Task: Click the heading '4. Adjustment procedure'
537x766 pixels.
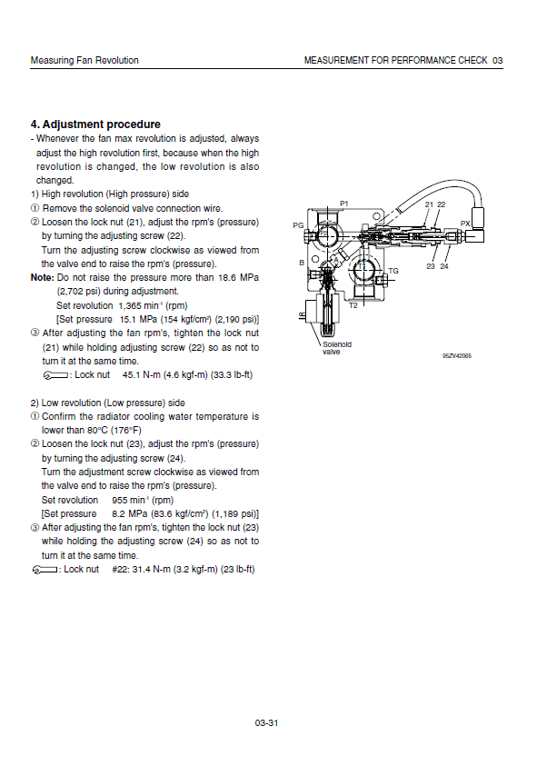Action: coord(95,124)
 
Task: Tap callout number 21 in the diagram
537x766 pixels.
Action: coord(429,204)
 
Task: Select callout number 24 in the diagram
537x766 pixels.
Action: coord(443,266)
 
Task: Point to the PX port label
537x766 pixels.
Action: coord(464,224)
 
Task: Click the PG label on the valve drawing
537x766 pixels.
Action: coord(298,225)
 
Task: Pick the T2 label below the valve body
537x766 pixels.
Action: coord(353,305)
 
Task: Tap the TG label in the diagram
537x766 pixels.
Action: coord(393,271)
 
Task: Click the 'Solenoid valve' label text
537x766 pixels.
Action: coord(337,348)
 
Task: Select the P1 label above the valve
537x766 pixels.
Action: coord(344,204)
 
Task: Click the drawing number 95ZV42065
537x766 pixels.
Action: coord(457,355)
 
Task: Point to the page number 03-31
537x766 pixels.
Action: coord(266,723)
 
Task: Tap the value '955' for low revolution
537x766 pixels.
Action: coord(120,501)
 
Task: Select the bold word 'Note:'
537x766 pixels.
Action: coord(42,277)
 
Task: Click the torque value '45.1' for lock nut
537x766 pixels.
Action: coord(131,374)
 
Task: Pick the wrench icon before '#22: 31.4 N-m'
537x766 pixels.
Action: coord(45,570)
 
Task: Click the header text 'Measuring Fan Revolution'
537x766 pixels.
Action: coord(85,60)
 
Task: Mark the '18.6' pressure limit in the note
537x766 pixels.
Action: coord(227,277)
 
